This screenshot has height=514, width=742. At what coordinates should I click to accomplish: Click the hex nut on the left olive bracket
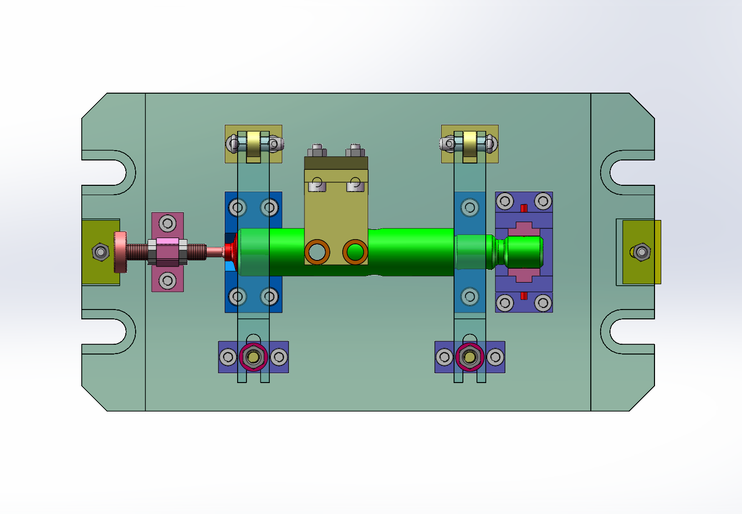(x=100, y=252)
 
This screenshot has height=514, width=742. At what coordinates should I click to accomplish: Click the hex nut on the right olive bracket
(x=642, y=252)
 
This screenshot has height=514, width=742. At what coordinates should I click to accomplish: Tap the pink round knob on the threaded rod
(x=120, y=252)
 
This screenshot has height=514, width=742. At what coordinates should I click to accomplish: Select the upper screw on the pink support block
(x=167, y=224)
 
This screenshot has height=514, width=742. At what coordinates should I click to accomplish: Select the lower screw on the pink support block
(x=167, y=281)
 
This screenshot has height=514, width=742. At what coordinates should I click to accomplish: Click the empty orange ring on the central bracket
(x=317, y=252)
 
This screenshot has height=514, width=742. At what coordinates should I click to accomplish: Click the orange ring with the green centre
(x=355, y=252)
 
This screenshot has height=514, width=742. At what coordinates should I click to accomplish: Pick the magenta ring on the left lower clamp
(x=253, y=357)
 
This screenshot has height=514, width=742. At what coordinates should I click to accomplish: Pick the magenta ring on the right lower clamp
(x=470, y=357)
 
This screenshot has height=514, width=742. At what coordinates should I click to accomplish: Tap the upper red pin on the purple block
(x=523, y=208)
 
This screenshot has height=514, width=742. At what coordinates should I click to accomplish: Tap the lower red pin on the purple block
(x=523, y=296)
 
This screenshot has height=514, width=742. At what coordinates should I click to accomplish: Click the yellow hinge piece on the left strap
(x=253, y=144)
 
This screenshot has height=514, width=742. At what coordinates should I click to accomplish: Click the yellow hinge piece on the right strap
(x=470, y=144)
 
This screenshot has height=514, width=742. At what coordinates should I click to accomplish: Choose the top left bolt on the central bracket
(x=317, y=151)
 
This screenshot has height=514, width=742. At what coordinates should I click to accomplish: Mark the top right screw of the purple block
(x=543, y=201)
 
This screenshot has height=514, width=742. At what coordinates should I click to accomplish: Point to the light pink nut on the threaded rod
(x=168, y=241)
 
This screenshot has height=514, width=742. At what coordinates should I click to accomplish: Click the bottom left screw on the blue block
(x=238, y=297)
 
